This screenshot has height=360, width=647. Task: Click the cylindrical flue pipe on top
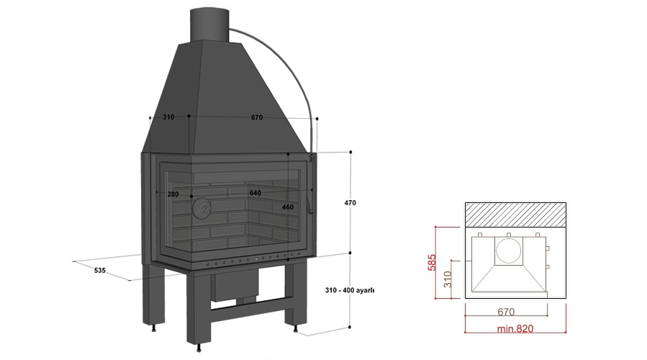click(x=209, y=24)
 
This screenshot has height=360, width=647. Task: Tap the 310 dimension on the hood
click(x=168, y=117)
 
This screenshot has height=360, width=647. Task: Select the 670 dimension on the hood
click(x=257, y=117)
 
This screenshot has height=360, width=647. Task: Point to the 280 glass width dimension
click(x=173, y=194)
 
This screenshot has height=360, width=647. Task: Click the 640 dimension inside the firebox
click(x=255, y=193)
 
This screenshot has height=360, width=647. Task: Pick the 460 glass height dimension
click(x=288, y=207)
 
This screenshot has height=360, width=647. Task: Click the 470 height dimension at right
click(x=350, y=203)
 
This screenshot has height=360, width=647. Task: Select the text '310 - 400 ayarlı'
click(x=350, y=290)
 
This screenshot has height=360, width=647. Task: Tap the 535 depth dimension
click(x=100, y=271)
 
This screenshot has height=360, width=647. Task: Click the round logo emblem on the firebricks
click(x=202, y=207)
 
